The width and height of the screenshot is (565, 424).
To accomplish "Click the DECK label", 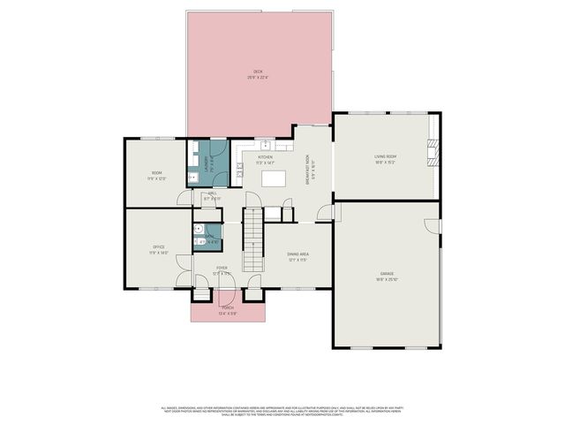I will click(258, 72).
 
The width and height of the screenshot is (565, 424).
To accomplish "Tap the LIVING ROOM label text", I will click(384, 157).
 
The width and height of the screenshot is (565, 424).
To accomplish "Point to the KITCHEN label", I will click(266, 157).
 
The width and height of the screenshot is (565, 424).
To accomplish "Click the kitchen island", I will click(273, 178).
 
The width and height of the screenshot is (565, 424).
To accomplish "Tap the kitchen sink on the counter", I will click(264, 144).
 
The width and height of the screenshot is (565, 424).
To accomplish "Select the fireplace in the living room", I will click(432, 153).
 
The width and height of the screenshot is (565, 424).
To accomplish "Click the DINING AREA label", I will click(298, 254).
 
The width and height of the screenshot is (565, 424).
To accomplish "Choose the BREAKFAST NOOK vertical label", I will click(307, 168).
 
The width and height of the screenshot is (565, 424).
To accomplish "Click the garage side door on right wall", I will click(439, 226).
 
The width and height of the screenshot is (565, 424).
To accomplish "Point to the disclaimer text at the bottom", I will click(282, 411).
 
